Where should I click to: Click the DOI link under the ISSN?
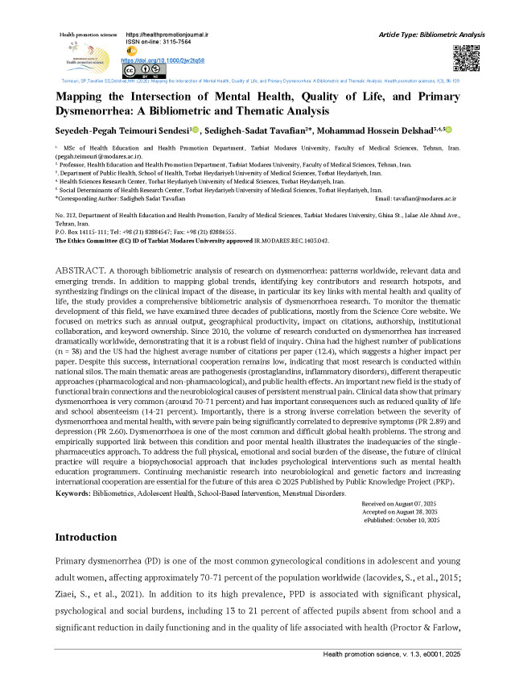[162, 60]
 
